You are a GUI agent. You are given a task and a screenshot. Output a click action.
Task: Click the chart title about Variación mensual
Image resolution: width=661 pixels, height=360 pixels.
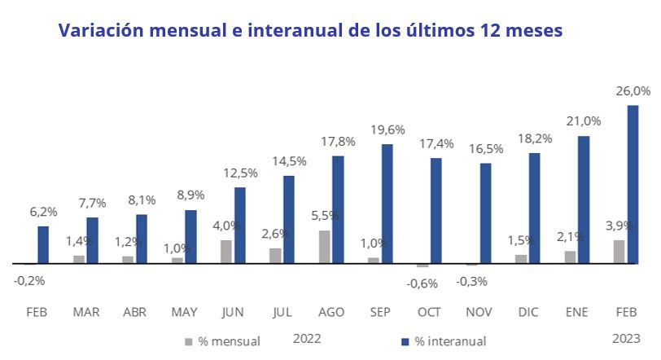pyautogui.click(x=310, y=31)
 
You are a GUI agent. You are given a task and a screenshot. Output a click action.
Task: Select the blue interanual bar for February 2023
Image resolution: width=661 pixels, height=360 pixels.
pyautogui.click(x=633, y=184)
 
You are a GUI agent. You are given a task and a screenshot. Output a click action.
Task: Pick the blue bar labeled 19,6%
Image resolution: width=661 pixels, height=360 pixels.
pyautogui.click(x=387, y=204)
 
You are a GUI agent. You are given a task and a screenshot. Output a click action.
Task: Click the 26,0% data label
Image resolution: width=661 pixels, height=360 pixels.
pyautogui.click(x=633, y=91)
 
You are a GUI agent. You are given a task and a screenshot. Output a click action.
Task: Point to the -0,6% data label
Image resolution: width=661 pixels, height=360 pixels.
pyautogui.click(x=422, y=283)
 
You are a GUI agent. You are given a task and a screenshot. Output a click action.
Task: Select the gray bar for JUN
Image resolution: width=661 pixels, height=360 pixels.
pyautogui.click(x=226, y=252)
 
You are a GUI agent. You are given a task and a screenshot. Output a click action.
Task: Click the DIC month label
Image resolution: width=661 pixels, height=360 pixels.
pyautogui.click(x=527, y=312)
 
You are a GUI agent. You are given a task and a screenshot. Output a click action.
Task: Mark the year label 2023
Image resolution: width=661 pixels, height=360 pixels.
pyautogui.click(x=626, y=337)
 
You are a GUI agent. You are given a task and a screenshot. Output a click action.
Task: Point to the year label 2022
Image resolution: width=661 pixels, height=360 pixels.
pyautogui.click(x=307, y=337)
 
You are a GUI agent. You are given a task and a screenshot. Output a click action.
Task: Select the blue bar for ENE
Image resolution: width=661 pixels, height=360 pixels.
pyautogui.click(x=583, y=200)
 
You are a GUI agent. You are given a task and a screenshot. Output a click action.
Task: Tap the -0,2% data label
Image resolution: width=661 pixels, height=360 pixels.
pyautogui.click(x=29, y=281)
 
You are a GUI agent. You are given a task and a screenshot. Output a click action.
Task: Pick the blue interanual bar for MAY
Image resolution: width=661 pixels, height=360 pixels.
pyautogui.click(x=190, y=236)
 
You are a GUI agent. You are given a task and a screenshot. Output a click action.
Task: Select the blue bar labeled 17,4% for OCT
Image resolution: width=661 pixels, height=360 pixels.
pyautogui.click(x=436, y=210)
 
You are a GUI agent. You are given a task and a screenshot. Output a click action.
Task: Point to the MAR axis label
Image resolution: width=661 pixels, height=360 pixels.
pyautogui.click(x=85, y=312)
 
